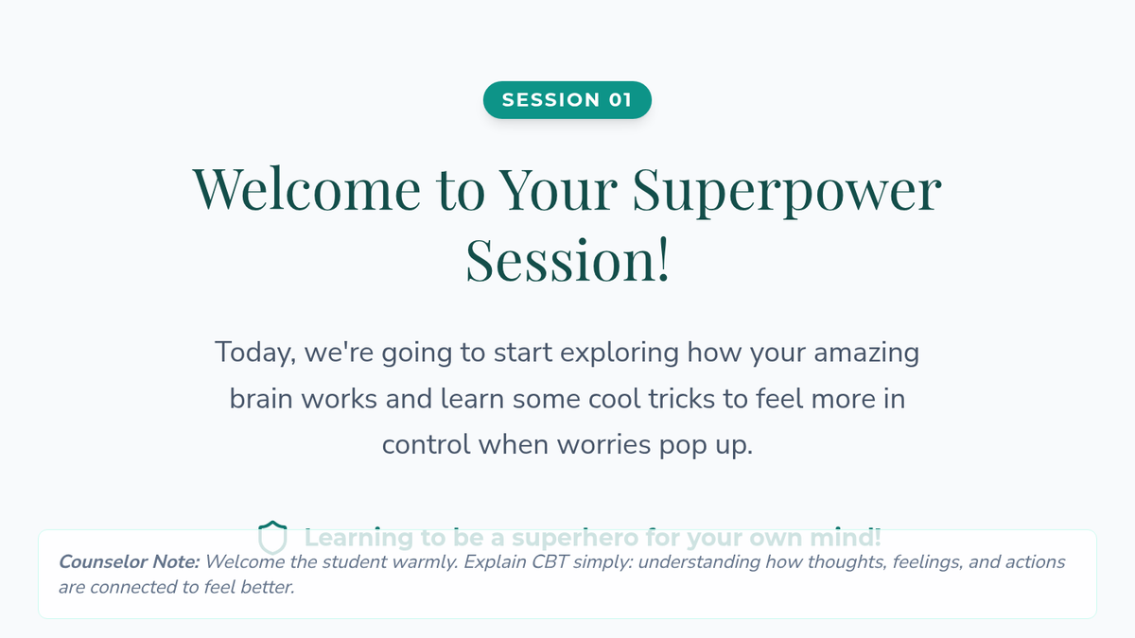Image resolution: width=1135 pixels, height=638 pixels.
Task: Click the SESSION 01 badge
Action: pos(567,100)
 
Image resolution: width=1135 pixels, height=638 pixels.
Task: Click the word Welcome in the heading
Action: pos(306,188)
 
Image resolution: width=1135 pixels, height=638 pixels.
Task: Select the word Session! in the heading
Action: pos(567,260)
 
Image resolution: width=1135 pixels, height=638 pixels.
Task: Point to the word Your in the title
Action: pos(557,188)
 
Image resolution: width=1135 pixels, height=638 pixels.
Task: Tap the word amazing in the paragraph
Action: pos(866,353)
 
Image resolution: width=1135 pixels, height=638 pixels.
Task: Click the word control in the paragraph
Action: pos(427,445)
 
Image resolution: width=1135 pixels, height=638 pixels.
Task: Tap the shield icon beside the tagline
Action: pos(272,537)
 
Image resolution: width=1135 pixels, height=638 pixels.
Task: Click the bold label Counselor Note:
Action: pos(130,562)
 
